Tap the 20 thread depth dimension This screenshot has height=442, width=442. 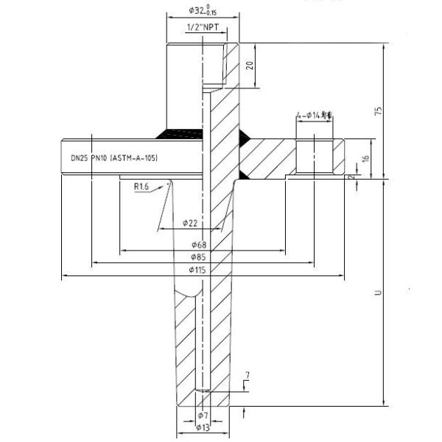point(250,65)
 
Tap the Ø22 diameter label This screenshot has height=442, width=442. point(190,222)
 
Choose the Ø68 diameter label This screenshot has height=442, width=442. point(198,244)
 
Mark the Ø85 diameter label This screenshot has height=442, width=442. point(197,257)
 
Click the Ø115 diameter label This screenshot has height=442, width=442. point(198,270)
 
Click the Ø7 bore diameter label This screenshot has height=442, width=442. point(203,415)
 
